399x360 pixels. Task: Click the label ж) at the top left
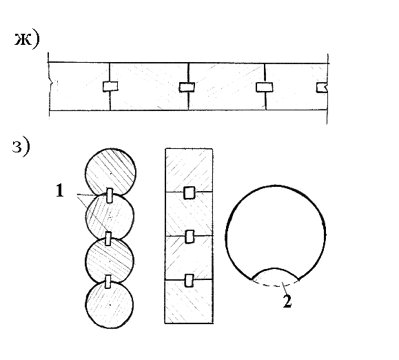pos(27,39)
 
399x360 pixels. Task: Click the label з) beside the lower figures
pos(21,148)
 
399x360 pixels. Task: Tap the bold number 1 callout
pos(59,191)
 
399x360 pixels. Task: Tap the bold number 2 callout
pos(287,301)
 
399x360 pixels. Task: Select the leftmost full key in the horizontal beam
pos(110,87)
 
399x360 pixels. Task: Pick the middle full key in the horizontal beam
pos(187,87)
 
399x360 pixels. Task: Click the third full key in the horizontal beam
pos(265,87)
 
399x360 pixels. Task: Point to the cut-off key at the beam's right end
pos(322,88)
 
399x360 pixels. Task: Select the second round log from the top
pos(110,217)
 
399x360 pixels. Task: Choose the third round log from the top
pos(110,261)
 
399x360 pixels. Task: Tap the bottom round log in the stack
pos(110,305)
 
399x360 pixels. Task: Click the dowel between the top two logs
pos(110,196)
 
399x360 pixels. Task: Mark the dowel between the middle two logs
pos(108,239)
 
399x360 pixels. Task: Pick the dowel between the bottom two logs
pos(108,281)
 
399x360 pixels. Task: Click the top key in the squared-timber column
pos(189,192)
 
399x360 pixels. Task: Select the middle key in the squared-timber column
pos(190,237)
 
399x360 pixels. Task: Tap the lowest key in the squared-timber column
pos(189,281)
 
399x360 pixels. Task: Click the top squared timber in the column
pos(189,170)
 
